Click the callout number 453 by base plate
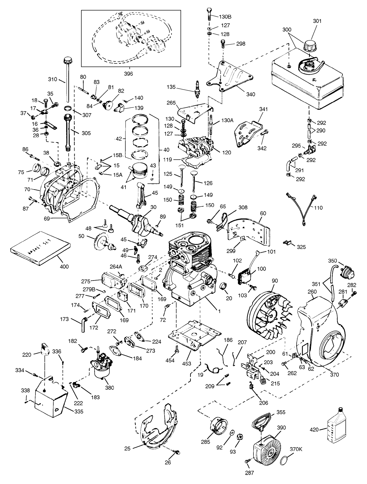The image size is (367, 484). [x=187, y=363]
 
